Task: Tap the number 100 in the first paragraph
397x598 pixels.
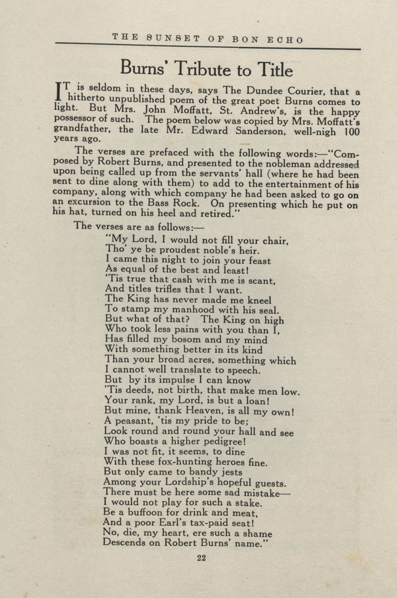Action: (x=352, y=132)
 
